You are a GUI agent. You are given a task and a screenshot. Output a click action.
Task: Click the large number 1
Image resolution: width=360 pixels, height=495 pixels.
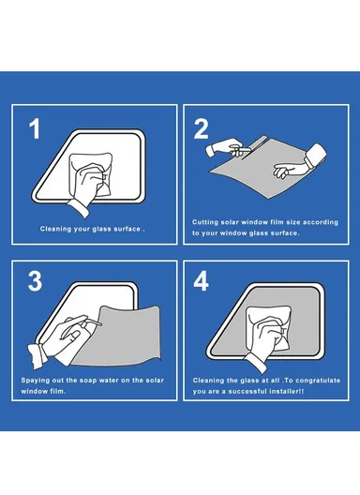[x=35, y=128]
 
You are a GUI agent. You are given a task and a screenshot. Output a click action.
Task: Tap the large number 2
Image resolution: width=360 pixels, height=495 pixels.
[x=202, y=128]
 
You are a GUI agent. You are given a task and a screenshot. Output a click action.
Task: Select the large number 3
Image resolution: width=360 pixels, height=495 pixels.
[x=35, y=281]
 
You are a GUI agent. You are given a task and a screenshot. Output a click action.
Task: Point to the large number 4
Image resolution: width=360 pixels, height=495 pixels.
[x=202, y=281]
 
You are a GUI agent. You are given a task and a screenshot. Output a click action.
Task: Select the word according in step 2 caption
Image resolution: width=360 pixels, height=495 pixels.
[x=321, y=222]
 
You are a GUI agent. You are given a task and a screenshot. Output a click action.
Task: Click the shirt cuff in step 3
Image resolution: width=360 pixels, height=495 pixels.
[x=37, y=356]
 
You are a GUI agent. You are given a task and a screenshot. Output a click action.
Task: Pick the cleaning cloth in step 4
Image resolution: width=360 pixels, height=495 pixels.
[x=269, y=328]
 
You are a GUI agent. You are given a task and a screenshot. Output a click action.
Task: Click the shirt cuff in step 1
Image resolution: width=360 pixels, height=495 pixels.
[x=79, y=207]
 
